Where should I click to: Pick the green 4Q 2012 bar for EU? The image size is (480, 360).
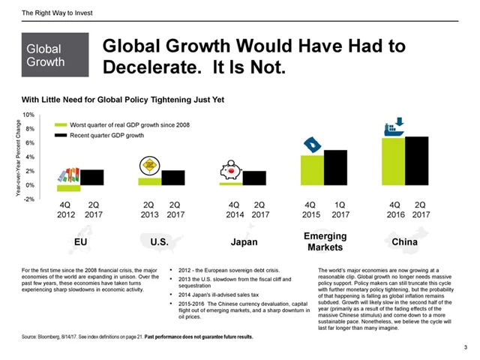click(x=68, y=188)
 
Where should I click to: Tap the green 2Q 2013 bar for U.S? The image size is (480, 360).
click(x=150, y=181)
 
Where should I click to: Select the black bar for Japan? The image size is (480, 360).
click(x=254, y=178)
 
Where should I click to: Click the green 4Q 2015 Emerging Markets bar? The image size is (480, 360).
click(x=313, y=170)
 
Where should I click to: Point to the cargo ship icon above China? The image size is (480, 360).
click(x=394, y=127)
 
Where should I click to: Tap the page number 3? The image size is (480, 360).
click(x=466, y=347)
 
